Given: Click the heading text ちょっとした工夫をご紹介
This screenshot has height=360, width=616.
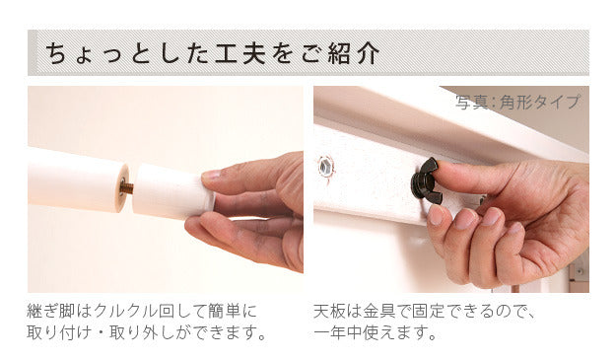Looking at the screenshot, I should coord(207,52).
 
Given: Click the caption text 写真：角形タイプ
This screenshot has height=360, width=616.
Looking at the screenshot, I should coord(517,102).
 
